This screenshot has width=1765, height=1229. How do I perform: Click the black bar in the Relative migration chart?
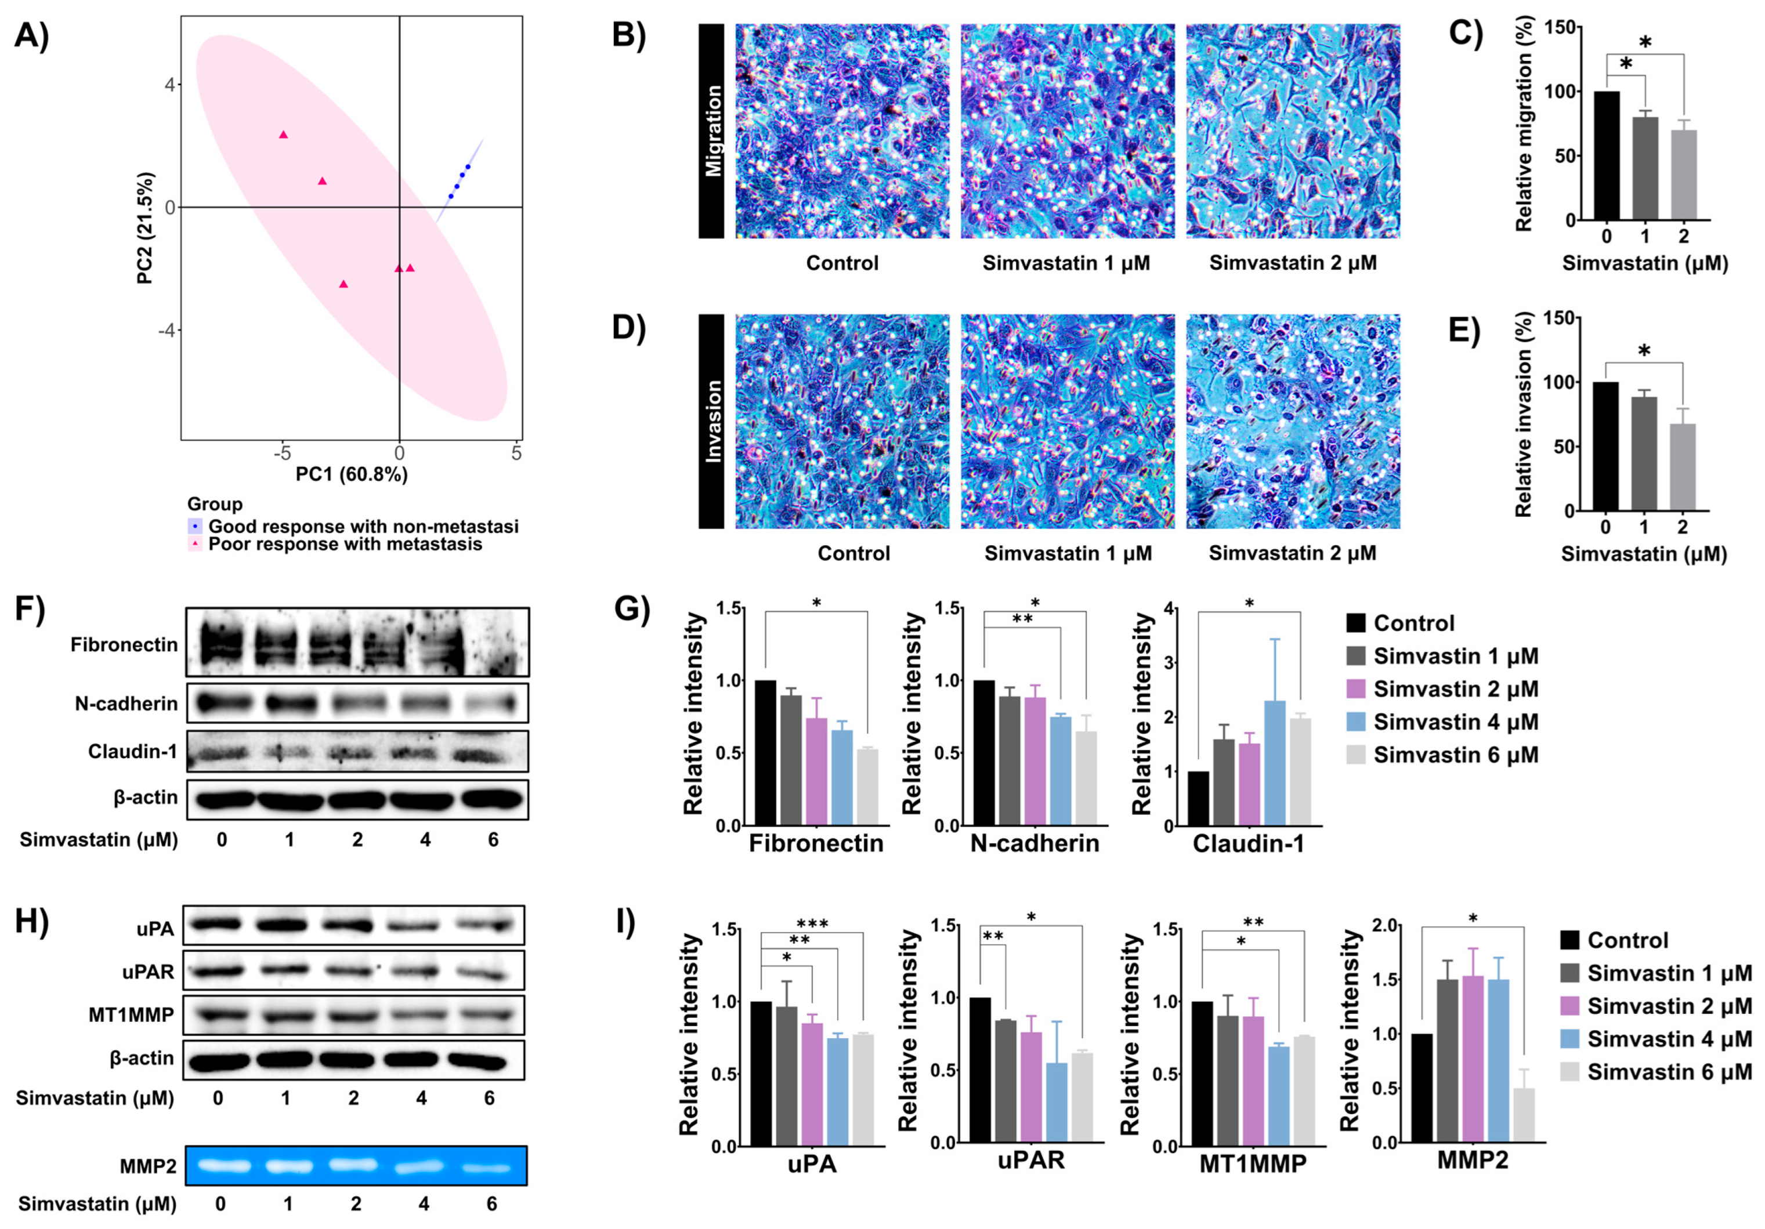[x=1607, y=156]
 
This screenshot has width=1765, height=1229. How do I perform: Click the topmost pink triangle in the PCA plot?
[x=283, y=135]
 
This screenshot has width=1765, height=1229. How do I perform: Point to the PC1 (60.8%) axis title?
[x=351, y=474]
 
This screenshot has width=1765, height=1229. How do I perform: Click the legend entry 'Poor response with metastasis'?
[x=345, y=544]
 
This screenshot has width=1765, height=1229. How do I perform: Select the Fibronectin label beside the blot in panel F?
[x=124, y=644]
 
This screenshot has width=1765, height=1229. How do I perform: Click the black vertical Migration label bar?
[x=711, y=130]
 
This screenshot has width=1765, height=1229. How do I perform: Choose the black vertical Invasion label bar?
[x=711, y=421]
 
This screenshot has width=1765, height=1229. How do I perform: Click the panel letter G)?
[x=632, y=609]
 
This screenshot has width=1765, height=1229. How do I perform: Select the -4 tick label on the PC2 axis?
[x=167, y=331]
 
